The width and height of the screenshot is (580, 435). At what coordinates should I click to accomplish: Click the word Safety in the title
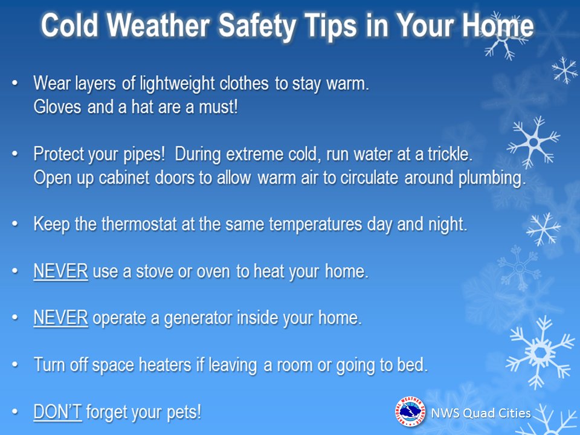pyautogui.click(x=257, y=25)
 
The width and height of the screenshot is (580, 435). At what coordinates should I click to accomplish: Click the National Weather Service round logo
pyautogui.click(x=410, y=411)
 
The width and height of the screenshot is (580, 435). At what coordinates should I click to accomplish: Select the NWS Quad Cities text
pyautogui.click(x=481, y=413)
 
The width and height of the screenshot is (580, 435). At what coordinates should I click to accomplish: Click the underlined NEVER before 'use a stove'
pyautogui.click(x=60, y=271)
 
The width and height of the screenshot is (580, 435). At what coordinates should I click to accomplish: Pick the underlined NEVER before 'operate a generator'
pyautogui.click(x=60, y=318)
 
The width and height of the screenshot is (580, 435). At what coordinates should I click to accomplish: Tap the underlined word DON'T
pyautogui.click(x=57, y=411)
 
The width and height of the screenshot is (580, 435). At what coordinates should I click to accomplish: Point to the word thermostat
pyautogui.click(x=139, y=224)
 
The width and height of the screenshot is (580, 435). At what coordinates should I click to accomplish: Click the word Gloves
pyautogui.click(x=57, y=107)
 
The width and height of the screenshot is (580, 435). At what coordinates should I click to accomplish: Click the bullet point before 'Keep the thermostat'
pyautogui.click(x=15, y=224)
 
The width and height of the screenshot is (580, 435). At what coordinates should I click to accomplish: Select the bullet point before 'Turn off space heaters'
pyautogui.click(x=15, y=365)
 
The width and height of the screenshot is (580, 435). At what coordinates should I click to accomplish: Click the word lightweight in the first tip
pyautogui.click(x=177, y=83)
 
